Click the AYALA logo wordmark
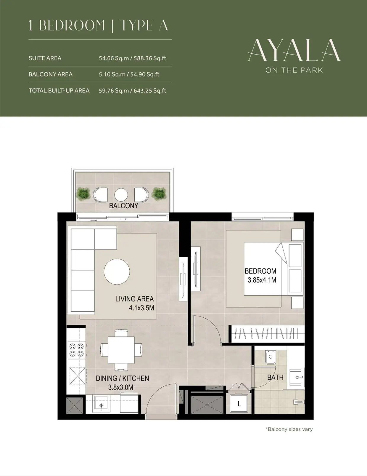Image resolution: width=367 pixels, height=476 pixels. [x=294, y=51]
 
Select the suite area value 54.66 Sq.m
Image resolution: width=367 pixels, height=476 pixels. [x=114, y=58]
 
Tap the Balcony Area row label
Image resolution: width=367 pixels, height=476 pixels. [x=51, y=74]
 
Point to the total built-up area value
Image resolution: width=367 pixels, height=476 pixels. [x=133, y=90]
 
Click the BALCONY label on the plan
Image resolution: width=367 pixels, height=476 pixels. [x=124, y=205]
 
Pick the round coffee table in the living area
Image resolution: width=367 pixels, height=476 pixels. [x=117, y=271]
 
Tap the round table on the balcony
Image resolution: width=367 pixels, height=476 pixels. [x=121, y=194]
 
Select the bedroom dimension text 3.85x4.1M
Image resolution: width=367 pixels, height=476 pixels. [x=262, y=280]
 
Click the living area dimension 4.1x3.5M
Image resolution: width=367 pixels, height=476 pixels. [x=141, y=308]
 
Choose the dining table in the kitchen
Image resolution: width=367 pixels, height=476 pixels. [x=121, y=350]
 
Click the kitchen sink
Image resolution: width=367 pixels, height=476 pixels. [x=101, y=405]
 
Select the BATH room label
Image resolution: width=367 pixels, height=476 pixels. [x=275, y=377]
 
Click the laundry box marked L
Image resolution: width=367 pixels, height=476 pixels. [x=239, y=403]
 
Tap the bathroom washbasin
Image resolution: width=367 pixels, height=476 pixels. [x=297, y=377]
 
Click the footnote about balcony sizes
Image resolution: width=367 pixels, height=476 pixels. [x=289, y=429]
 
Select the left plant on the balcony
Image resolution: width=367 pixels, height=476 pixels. [x=83, y=194]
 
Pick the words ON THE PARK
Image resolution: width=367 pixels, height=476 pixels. [x=294, y=70]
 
